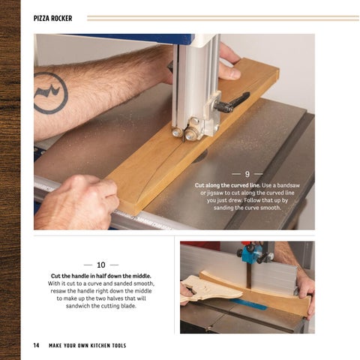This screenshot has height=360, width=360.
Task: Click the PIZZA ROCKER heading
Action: tap(52, 18)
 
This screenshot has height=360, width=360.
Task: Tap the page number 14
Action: tap(36, 345)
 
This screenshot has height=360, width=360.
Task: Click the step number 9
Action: tap(247, 174)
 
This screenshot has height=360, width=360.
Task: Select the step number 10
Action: tap(101, 265)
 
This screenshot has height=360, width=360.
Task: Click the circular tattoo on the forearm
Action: tap(51, 92)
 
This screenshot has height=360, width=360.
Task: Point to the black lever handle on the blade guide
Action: tap(232, 102)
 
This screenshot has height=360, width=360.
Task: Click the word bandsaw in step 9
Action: tap(289, 185)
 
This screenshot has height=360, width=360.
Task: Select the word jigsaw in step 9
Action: tap(214, 193)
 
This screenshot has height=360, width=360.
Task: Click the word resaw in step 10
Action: tap(58, 291)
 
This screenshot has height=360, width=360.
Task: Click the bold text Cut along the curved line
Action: tap(228, 185)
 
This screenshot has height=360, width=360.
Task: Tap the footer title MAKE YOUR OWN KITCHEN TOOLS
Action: tap(88, 346)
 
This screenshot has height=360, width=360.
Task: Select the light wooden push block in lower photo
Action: tap(210, 288)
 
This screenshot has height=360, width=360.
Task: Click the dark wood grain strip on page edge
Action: tap(10, 180)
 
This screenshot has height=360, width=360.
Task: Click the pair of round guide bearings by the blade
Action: tap(184, 133)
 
